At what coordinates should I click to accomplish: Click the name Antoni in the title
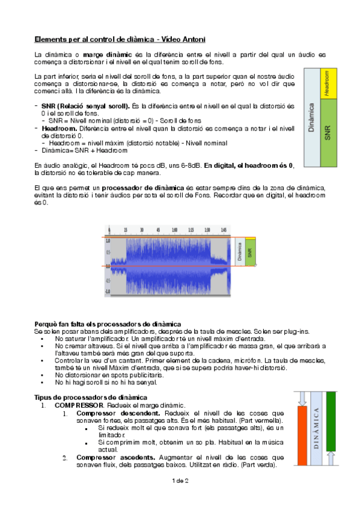point(193,39)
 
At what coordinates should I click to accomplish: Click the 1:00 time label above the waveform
point(174,230)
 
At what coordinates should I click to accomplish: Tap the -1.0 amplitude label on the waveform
point(108,291)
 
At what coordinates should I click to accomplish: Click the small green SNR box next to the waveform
point(250,253)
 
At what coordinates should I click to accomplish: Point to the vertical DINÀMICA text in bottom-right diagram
point(316,428)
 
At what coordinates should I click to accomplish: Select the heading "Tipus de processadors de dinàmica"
point(90,398)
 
